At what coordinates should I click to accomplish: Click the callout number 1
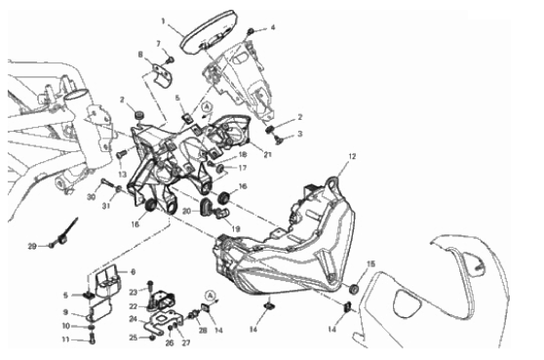(163, 21)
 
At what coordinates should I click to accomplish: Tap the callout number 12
(352, 156)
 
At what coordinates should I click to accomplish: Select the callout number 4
(273, 27)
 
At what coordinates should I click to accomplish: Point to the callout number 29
(32, 247)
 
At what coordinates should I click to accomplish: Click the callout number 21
(267, 155)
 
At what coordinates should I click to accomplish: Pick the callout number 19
(236, 228)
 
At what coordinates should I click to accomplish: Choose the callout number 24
(134, 319)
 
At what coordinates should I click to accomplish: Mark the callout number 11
(65, 340)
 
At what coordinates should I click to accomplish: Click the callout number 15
(370, 264)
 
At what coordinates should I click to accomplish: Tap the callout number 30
(91, 197)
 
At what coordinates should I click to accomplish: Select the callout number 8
(140, 55)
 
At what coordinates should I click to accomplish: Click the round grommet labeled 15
(354, 289)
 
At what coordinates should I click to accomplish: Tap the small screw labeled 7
(170, 60)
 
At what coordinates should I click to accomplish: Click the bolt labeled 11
(92, 339)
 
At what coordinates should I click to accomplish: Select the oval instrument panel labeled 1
(209, 32)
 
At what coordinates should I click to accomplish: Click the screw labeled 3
(279, 140)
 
